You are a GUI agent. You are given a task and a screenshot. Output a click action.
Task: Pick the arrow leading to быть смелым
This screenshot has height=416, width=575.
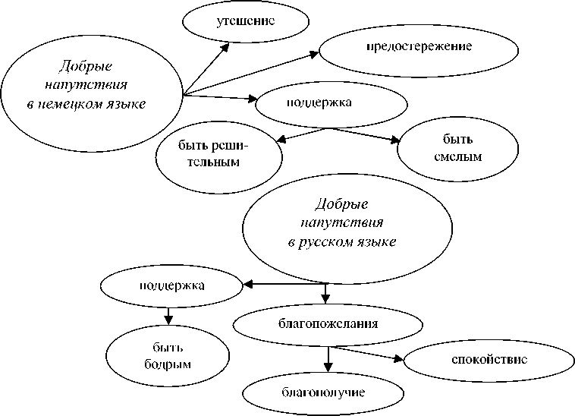tap(364, 134)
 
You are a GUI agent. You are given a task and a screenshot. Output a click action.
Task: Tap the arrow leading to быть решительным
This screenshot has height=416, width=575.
tap(300, 134)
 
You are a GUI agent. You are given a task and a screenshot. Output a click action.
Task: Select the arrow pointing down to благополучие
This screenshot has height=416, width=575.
tap(327, 359)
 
